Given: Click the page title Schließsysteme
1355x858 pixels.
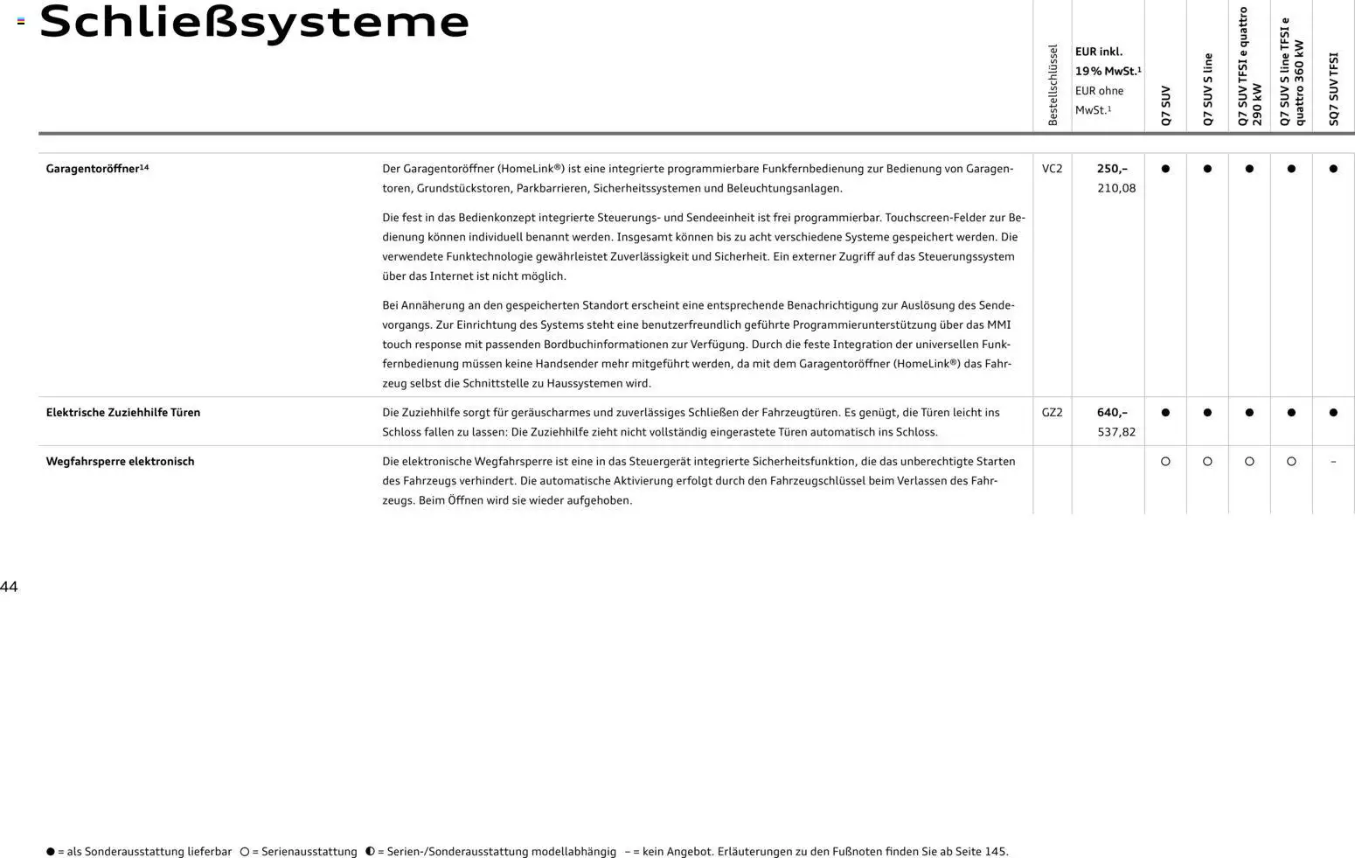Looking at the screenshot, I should [x=254, y=23].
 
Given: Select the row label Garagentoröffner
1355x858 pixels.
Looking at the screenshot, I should [x=93, y=169].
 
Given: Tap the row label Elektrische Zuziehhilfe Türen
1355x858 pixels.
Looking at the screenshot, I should [x=123, y=413].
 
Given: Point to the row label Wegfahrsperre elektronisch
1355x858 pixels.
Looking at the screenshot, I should [x=120, y=462].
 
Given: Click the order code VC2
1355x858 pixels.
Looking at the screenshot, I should [x=1052, y=169].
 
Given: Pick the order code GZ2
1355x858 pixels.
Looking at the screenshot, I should [x=1052, y=413].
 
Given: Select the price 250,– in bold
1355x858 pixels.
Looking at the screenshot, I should [x=1112, y=169].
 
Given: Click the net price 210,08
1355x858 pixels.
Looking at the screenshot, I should [x=1116, y=188].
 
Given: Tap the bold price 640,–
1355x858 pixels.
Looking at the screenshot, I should [x=1112, y=413].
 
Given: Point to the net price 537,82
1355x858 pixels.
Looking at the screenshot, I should [x=1116, y=432].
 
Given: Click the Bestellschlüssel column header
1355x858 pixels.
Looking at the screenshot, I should [x=1053, y=85].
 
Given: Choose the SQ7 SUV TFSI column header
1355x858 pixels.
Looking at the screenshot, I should [x=1333, y=89].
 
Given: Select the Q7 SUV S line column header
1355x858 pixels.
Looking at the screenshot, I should [x=1207, y=89].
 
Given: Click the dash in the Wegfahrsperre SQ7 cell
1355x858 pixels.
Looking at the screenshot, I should [x=1333, y=462].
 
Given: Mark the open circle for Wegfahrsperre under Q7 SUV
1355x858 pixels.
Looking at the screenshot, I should [x=1165, y=462].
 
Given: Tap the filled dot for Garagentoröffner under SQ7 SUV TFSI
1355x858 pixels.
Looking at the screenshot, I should [x=1333, y=169].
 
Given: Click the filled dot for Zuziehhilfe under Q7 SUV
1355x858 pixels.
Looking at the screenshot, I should [x=1165, y=413].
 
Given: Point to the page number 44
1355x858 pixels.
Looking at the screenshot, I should [x=9, y=587].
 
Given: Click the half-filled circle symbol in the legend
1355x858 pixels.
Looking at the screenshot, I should [x=370, y=851].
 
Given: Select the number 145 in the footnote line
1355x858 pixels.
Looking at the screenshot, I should [x=995, y=851].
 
